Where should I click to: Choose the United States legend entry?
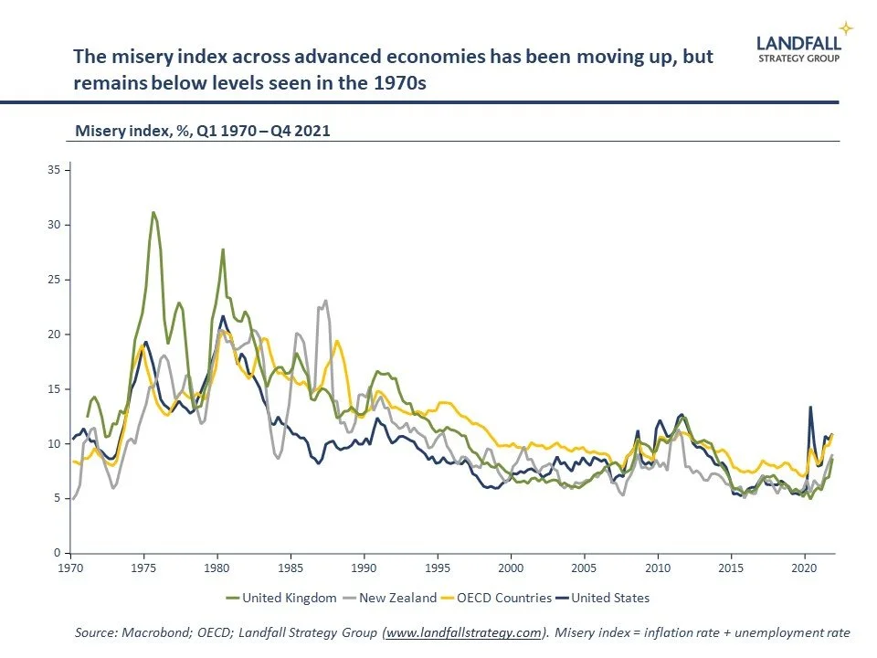603,598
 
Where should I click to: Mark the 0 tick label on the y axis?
57,554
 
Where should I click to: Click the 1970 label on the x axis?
71,568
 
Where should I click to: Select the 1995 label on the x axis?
438,568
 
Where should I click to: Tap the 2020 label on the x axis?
804,568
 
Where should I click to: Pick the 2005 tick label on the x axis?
585,568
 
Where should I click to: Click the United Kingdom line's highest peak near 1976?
153,212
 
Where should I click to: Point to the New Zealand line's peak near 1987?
325,301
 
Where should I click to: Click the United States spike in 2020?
809,408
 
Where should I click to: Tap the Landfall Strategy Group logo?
798,47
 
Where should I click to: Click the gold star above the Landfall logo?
847,27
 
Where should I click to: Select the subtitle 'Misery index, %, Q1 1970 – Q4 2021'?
202,131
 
